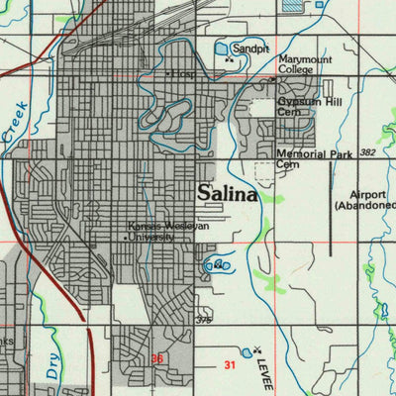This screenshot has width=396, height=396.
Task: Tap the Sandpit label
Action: pyautogui.click(x=251, y=48)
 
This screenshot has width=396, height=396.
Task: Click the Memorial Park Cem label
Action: pyautogui.click(x=315, y=159)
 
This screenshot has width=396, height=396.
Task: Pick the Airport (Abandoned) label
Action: pyautogui.click(x=365, y=200)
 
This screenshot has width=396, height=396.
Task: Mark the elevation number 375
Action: pyautogui.click(x=203, y=319)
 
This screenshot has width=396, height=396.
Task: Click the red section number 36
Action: pyautogui.click(x=156, y=359)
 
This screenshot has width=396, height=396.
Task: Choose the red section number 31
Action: pyautogui.click(x=231, y=366)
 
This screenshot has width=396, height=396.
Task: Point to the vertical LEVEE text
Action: pyautogui.click(x=266, y=374)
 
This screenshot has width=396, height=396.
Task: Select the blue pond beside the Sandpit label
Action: pyautogui.click(x=222, y=48)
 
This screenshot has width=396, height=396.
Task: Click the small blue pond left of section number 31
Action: pyautogui.click(x=246, y=351)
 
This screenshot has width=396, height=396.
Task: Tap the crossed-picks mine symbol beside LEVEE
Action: pyautogui.click(x=257, y=348)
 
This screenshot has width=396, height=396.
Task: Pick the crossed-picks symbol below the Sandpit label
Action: pyautogui.click(x=230, y=59)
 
